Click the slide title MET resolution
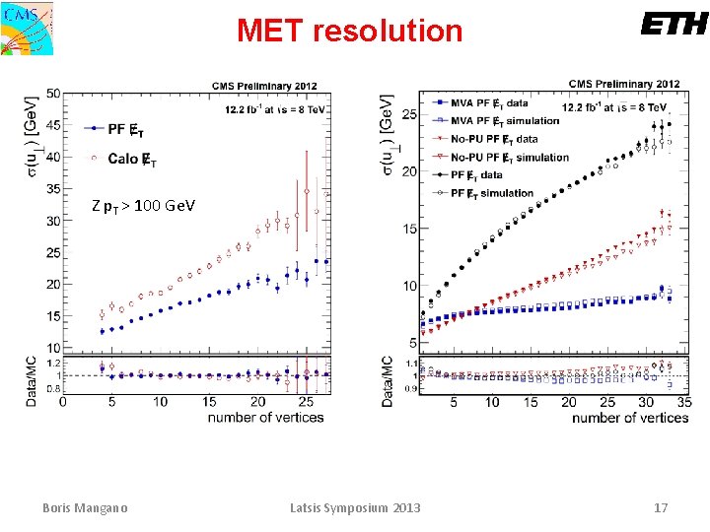click(x=349, y=31)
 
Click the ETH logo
click(x=674, y=25)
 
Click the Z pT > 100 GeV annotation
click(x=143, y=206)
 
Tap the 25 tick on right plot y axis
click(x=407, y=115)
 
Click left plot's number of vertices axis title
click(x=265, y=418)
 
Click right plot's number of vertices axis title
click(x=629, y=418)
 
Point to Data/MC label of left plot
click(x=33, y=375)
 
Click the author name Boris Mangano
click(x=85, y=508)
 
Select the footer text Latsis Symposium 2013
click(x=355, y=508)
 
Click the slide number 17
click(x=661, y=508)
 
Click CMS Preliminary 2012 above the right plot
click(x=624, y=85)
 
